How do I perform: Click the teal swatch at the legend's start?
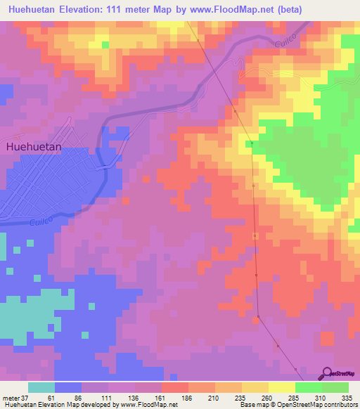(x=41, y=387)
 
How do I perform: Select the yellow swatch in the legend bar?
(x=282, y=387)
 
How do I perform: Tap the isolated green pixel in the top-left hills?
(x=105, y=45)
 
